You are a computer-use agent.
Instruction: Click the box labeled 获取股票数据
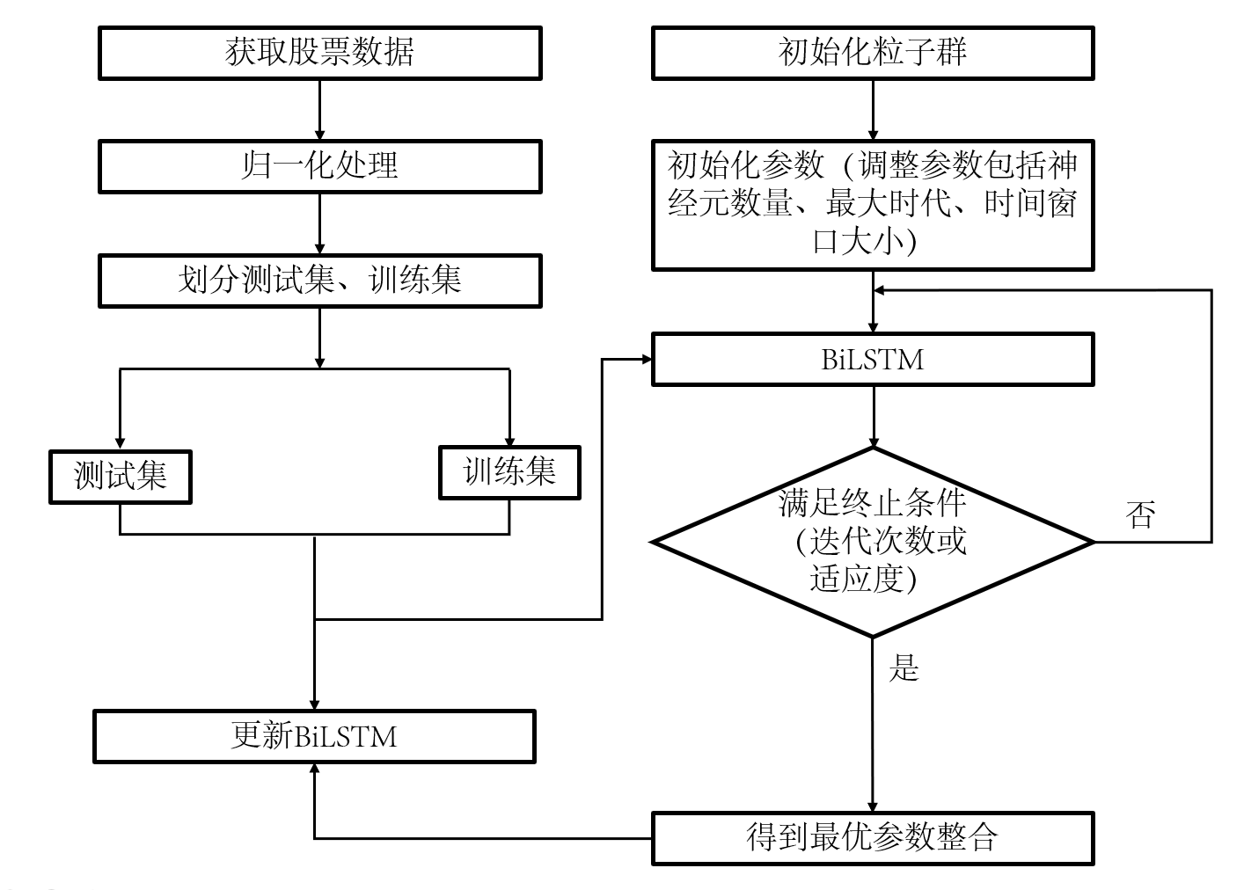(319, 53)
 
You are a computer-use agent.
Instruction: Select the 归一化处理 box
(319, 166)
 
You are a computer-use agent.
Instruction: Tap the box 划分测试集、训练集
(319, 281)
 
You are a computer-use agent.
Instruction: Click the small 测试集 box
(121, 477)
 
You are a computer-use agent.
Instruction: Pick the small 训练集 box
(509, 473)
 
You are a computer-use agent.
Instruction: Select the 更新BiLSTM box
(314, 736)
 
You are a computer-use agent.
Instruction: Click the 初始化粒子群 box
(873, 53)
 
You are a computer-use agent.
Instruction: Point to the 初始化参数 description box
(873, 205)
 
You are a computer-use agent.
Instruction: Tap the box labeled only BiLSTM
(873, 359)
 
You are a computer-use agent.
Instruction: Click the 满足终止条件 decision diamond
(873, 542)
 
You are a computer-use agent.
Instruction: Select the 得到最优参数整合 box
(873, 837)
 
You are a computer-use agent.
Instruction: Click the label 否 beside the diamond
(1140, 514)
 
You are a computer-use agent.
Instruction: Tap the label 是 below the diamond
(904, 668)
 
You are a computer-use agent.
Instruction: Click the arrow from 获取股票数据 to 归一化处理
(319, 109)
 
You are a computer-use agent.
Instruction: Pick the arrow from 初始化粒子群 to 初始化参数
(873, 109)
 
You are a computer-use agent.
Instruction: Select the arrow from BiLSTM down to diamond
(873, 416)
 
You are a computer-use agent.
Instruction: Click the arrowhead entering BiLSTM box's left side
(645, 359)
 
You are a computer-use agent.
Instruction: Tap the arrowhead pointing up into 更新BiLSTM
(314, 770)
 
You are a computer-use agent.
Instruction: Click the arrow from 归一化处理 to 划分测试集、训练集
(319, 223)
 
